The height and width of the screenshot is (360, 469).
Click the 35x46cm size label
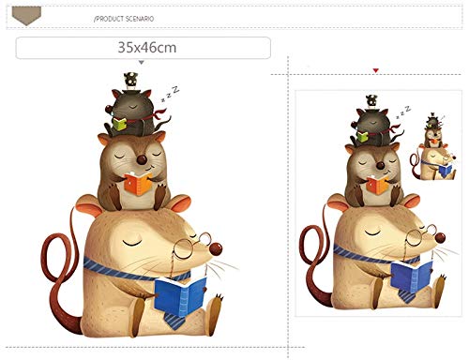pyautogui.click(x=147, y=48)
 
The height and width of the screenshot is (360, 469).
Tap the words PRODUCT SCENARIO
pyautogui.click(x=125, y=19)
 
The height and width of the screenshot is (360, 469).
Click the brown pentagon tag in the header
pyautogui.click(x=26, y=16)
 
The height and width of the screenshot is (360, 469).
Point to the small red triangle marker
pyautogui.click(x=376, y=71)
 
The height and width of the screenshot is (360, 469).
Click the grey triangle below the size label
pyautogui.click(x=142, y=63)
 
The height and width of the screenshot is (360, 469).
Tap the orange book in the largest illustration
pyautogui.click(x=138, y=184)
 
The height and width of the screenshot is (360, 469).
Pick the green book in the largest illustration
pyautogui.click(x=119, y=124)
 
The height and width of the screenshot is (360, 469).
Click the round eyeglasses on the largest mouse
pyautogui.click(x=191, y=246)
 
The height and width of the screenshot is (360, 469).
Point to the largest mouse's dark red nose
pyautogui.click(x=216, y=248)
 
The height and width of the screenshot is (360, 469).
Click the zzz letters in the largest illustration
pyautogui.click(x=171, y=93)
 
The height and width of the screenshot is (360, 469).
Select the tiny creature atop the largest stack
pyautogui.click(x=130, y=80)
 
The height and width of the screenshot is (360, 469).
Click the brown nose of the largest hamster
pyautogui.click(x=142, y=159)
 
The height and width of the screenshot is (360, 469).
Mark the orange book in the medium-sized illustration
pyautogui.click(x=378, y=185)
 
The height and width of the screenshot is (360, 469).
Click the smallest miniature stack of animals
pyautogui.click(x=433, y=147)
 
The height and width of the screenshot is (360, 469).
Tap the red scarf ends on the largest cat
pyautogui.click(x=160, y=113)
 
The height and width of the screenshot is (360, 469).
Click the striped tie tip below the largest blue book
pyautogui.click(x=174, y=321)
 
